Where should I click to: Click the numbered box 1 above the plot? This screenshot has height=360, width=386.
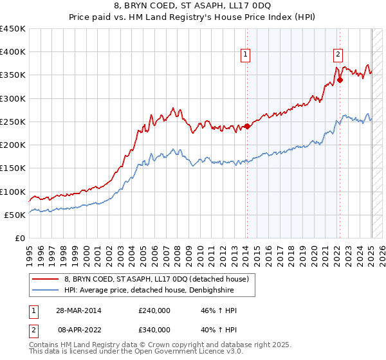pyautogui.click(x=246, y=55)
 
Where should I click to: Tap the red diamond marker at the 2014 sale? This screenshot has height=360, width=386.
pyautogui.click(x=247, y=126)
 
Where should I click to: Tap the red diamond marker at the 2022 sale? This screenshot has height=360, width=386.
pyautogui.click(x=340, y=80)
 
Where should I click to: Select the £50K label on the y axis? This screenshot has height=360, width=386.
pyautogui.click(x=15, y=215)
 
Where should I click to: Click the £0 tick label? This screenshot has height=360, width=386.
pyautogui.click(x=20, y=238)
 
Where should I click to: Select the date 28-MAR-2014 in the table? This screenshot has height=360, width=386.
pyautogui.click(x=72, y=310)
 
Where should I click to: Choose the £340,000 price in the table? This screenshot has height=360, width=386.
pyautogui.click(x=154, y=330)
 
